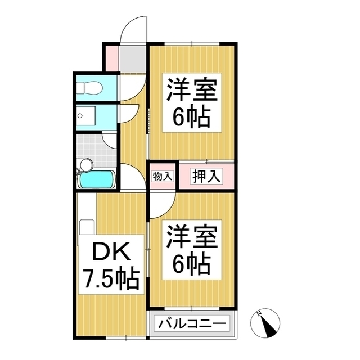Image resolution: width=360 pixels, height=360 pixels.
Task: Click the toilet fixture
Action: (x=89, y=88)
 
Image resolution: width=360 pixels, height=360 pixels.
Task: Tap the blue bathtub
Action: (x=97, y=179)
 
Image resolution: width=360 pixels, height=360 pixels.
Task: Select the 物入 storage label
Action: (x=163, y=177)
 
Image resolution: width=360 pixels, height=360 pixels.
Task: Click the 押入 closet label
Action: (x=206, y=176)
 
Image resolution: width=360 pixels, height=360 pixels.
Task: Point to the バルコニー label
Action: (x=192, y=323)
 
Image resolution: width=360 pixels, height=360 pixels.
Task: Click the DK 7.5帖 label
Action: (x=111, y=264)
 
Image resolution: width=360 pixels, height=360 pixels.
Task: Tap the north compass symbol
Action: (x=265, y=323)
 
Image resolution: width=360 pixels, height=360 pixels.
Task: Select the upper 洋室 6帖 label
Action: (x=192, y=102)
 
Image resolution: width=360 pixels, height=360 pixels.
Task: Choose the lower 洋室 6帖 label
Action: (x=192, y=250)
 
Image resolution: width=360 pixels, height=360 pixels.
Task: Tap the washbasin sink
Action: (x=85, y=115)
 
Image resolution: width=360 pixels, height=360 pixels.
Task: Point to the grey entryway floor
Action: (x=133, y=58)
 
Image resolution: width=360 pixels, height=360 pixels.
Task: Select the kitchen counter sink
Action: (x=87, y=227)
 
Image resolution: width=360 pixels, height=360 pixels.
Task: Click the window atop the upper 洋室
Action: (x=192, y=43)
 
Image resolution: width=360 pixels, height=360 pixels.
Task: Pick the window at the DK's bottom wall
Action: (x=126, y=337)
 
